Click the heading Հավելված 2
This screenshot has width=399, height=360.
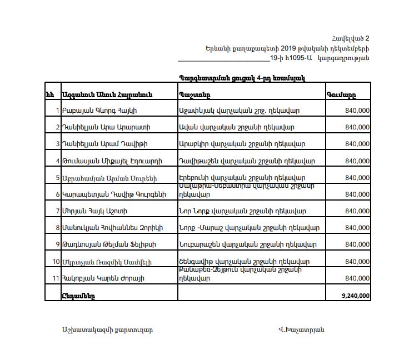click(x=351, y=38)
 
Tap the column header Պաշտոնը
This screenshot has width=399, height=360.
click(x=195, y=94)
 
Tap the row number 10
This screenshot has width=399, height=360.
click(x=56, y=262)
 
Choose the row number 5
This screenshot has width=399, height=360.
click(x=57, y=178)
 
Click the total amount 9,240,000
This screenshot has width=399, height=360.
click(x=356, y=296)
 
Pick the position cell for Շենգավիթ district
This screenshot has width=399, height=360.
click(x=245, y=262)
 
